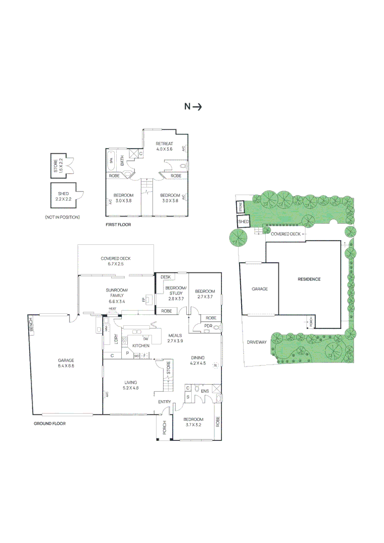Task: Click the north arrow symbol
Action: click(193, 107)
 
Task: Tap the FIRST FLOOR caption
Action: click(118, 225)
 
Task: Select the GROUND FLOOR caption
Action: click(50, 423)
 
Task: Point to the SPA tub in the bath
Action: click(111, 161)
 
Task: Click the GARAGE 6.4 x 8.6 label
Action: click(66, 363)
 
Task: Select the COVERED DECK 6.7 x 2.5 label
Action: click(115, 261)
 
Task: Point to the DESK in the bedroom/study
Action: click(165, 277)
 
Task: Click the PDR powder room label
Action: click(208, 326)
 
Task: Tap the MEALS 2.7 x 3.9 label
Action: click(175, 338)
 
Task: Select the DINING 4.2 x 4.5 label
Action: click(198, 360)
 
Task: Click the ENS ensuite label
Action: click(205, 391)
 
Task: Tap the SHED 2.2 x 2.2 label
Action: click(63, 196)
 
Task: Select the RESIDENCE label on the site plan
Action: click(309, 279)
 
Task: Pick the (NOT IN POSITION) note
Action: click(62, 217)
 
